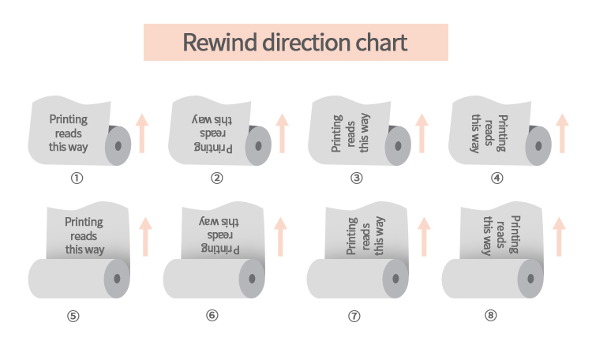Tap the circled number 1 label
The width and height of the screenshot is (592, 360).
[77, 178]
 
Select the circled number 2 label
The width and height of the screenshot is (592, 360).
[217, 178]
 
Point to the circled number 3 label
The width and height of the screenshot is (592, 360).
[357, 178]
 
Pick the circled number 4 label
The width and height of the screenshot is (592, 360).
[496, 178]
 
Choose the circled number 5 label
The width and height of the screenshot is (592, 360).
[73, 316]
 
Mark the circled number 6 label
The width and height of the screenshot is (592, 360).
[212, 316]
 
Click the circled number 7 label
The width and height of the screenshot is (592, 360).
[354, 316]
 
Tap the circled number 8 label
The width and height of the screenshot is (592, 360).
[491, 316]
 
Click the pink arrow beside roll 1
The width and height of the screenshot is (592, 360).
[142, 133]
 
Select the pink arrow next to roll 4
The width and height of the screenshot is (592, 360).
[562, 133]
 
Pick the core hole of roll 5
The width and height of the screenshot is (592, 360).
[118, 279]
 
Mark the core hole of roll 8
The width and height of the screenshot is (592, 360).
[532, 279]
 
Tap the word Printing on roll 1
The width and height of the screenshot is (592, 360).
[69, 119]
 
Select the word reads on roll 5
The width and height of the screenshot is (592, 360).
[84, 236]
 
